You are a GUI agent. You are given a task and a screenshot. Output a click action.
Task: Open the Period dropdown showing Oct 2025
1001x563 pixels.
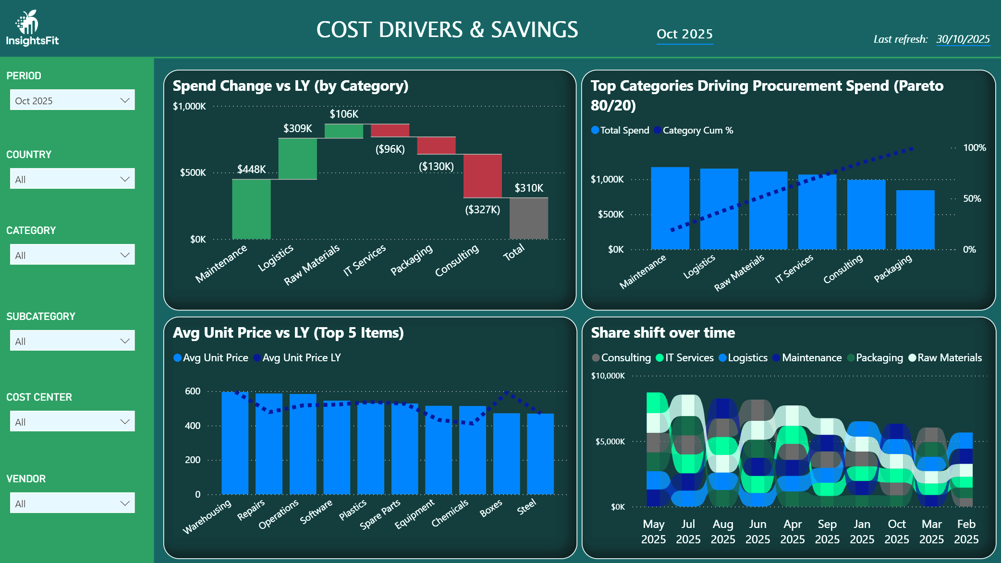click(x=72, y=100)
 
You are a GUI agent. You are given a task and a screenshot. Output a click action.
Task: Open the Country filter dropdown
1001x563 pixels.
click(x=72, y=179)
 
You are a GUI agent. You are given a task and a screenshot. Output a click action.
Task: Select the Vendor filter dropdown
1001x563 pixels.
click(x=72, y=503)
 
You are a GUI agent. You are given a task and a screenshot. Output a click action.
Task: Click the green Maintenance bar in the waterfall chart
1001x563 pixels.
click(x=251, y=209)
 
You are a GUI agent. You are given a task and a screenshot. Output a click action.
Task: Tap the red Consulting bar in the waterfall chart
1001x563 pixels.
click(x=482, y=176)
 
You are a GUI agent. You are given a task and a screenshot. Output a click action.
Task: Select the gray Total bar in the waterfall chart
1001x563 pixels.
click(x=528, y=219)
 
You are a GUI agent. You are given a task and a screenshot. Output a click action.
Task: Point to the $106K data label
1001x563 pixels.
click(x=344, y=114)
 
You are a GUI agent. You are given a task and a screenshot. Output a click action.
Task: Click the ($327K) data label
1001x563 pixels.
click(x=482, y=209)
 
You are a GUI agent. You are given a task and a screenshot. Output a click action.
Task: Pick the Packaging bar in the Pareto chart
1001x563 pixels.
click(x=915, y=220)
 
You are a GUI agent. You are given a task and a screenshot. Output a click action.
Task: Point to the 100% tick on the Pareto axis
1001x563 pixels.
click(x=974, y=148)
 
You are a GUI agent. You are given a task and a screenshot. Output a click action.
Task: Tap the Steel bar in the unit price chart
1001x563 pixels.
click(x=540, y=454)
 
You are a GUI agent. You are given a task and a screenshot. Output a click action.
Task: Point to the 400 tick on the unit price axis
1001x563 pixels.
click(x=193, y=426)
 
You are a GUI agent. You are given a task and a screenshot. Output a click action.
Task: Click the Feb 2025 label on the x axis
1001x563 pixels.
click(x=966, y=531)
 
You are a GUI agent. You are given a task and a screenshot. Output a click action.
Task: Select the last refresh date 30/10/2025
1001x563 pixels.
click(x=963, y=39)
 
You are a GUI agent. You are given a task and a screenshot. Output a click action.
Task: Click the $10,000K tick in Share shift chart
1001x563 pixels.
click(x=608, y=376)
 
